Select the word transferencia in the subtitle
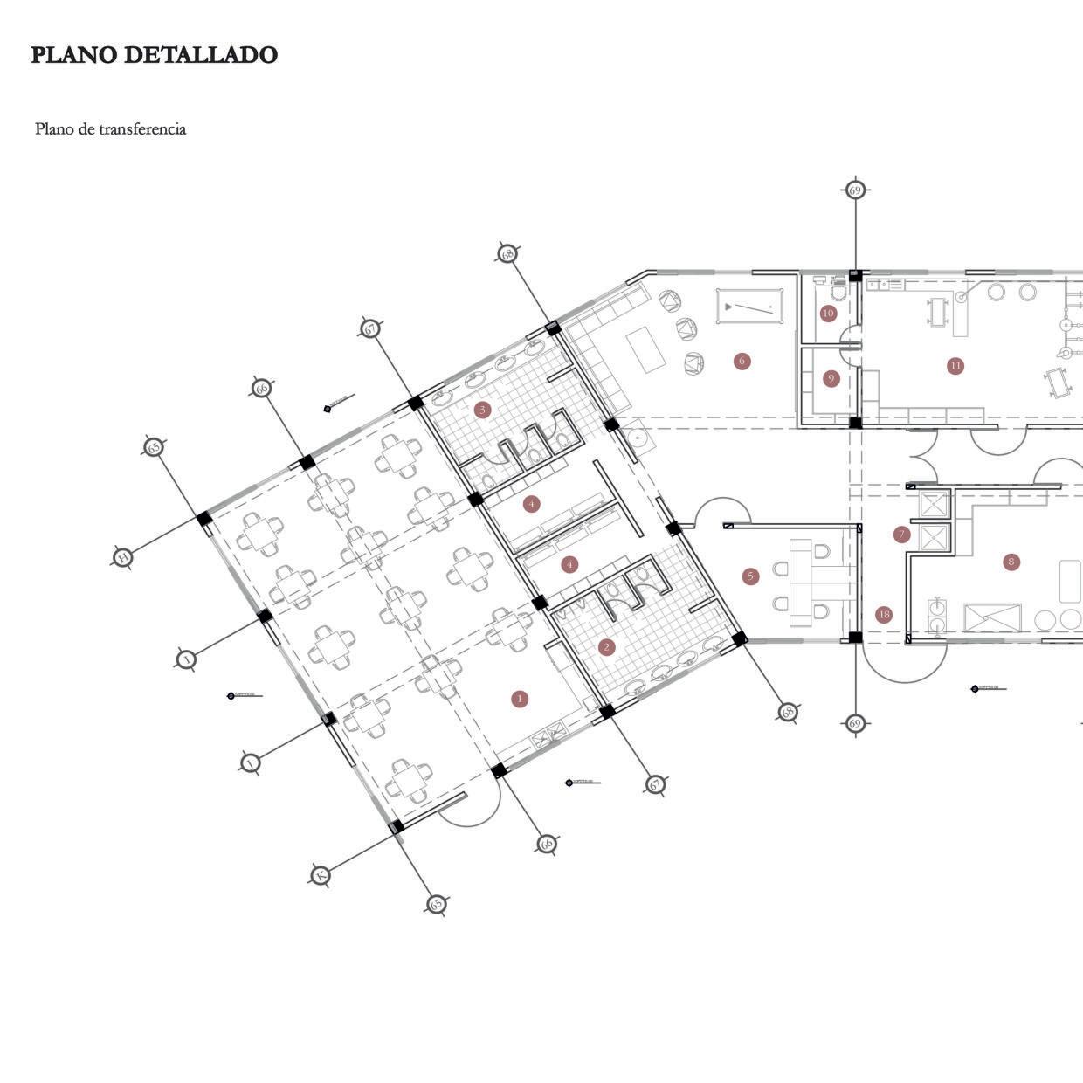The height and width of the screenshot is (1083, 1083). [x=143, y=129]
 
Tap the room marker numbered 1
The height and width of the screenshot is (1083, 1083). [x=521, y=698]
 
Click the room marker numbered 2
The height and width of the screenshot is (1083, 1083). [x=607, y=647]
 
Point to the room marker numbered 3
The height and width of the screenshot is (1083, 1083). [x=482, y=409]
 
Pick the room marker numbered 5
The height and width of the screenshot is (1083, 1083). [x=750, y=576]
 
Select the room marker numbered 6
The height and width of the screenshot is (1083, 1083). [x=742, y=361]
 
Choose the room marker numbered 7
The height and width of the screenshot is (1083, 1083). [x=902, y=534]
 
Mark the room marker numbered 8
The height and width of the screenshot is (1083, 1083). [x=1011, y=562]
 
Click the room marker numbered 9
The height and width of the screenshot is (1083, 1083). [x=831, y=378]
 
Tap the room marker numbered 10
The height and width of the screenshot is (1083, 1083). [x=828, y=313]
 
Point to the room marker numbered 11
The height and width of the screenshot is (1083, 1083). [x=955, y=366]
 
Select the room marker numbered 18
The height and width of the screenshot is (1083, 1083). [x=884, y=615]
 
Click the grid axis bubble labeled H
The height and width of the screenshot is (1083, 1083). [x=123, y=556]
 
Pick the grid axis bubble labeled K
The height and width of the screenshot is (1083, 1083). [x=321, y=874]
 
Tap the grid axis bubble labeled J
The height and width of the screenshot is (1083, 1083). [x=250, y=764]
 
